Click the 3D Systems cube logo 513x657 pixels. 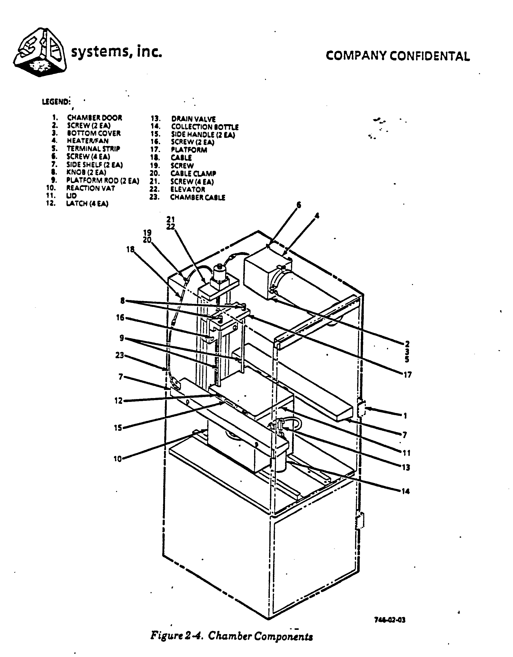coord(40,52)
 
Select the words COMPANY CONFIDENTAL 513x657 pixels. coord(398,56)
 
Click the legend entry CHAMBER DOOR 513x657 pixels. coord(94,118)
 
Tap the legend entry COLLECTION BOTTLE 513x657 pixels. coord(205,127)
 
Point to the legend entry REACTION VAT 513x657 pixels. coord(91,188)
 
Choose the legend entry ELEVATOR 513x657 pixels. coord(188,190)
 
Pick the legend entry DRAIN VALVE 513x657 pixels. coord(193,119)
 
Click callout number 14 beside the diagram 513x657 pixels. coord(406,491)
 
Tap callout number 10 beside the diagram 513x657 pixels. coord(118,459)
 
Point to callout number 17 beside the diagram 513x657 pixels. coord(407,375)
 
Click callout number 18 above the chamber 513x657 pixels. coord(130,249)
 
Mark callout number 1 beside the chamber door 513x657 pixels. coord(405,416)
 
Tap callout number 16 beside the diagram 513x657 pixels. coord(120,317)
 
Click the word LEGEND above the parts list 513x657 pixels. coord(56,102)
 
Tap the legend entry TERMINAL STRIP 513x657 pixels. coord(93,149)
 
